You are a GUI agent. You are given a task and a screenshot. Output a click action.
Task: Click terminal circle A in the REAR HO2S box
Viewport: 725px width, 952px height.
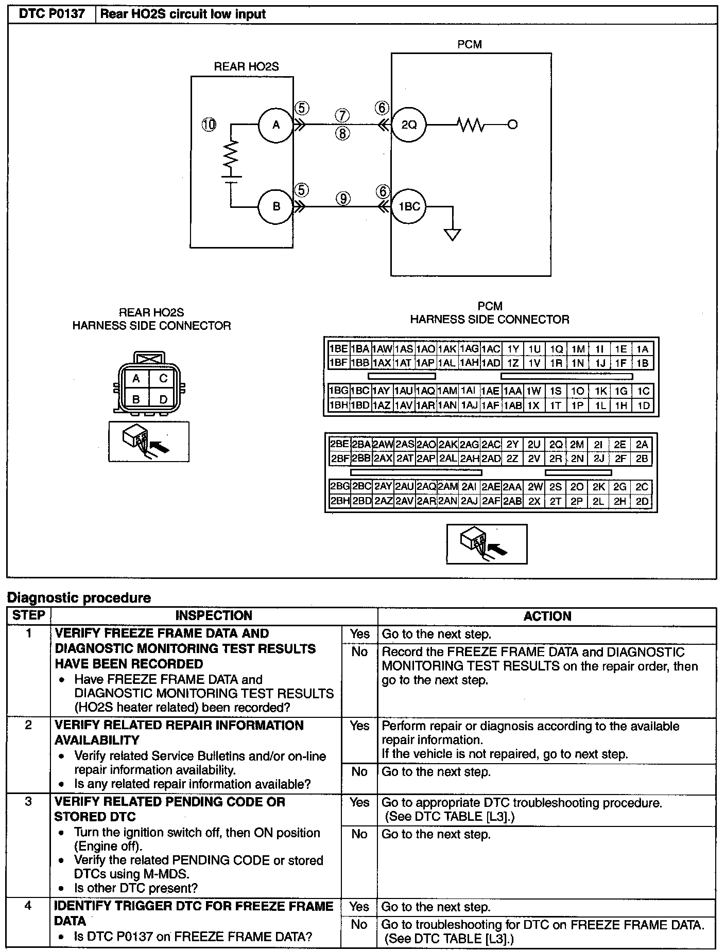coord(276,125)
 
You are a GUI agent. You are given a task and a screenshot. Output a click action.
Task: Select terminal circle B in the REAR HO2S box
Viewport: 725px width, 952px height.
coord(276,206)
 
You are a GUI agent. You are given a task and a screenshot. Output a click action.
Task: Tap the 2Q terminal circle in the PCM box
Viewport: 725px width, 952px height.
coord(409,125)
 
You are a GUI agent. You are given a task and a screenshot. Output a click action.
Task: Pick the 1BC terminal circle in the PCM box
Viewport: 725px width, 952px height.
coord(409,206)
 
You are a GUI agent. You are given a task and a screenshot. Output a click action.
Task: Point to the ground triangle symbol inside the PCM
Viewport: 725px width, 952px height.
coord(453,235)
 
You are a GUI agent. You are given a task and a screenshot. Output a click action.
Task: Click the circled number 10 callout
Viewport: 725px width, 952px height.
coord(209,124)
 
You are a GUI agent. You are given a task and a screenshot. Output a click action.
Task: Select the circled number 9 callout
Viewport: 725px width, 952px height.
coord(343,199)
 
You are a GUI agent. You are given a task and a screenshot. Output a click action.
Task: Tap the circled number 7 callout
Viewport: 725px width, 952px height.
coord(343,115)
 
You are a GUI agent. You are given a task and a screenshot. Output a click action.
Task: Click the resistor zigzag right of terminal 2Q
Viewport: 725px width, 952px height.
coord(470,125)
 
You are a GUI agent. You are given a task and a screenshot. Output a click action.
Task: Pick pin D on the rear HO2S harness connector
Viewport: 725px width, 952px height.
coord(163,399)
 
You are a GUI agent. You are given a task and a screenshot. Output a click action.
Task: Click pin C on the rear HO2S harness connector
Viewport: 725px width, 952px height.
coord(163,379)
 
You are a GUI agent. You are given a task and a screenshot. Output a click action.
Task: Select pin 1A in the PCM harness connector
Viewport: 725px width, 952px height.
coord(642,349)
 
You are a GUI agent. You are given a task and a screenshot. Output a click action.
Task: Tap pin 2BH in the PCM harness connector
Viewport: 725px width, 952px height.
coord(339,501)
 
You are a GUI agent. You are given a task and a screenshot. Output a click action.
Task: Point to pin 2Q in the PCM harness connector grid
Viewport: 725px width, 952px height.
coord(556,445)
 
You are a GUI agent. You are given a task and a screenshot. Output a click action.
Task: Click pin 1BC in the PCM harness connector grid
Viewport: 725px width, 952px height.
coord(360,391)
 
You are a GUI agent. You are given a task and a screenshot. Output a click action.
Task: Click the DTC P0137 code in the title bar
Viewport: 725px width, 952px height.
coord(51,14)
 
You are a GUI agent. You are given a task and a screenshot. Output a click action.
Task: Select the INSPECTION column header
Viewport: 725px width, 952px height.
coord(214,615)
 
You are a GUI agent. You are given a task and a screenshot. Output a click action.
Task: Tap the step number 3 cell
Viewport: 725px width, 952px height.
coord(28,802)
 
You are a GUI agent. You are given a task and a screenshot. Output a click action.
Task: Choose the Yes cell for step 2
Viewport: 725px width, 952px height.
coord(359,726)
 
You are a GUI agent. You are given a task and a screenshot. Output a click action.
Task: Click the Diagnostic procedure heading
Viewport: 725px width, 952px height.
coord(79,597)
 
